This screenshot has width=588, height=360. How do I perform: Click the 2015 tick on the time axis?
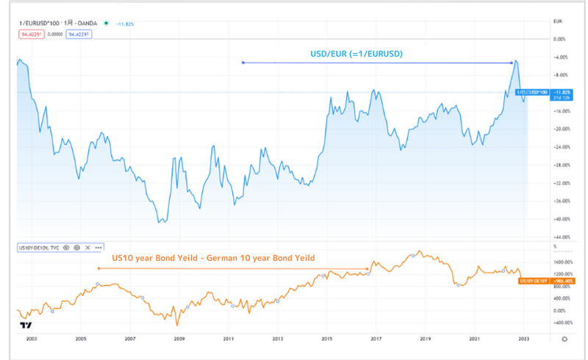point(326,339)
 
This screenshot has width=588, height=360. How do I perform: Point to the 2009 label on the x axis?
point(179,339)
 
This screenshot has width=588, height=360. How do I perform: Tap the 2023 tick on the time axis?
point(523,339)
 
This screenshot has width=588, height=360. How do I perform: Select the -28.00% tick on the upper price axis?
point(563,165)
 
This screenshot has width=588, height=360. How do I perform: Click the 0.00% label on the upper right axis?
point(560,39)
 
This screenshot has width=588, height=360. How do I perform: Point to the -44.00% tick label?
point(563,237)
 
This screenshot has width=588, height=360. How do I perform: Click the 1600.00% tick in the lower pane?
point(562,262)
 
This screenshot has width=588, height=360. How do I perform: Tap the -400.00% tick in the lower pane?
point(562,322)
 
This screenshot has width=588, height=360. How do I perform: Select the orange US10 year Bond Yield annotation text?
point(213,258)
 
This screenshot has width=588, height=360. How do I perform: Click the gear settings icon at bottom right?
point(564,339)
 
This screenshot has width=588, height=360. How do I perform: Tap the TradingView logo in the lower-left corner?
point(26,325)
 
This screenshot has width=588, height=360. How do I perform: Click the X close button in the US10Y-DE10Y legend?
point(87,248)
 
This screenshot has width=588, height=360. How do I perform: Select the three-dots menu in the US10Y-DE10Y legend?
point(98,248)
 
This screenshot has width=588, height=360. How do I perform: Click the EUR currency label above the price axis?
point(557,24)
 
